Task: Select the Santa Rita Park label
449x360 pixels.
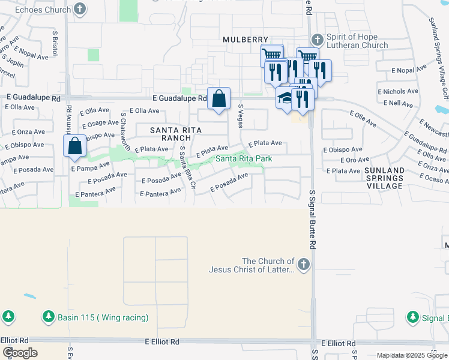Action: (x=244, y=158)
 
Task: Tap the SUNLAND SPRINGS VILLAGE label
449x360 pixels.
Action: (x=384, y=178)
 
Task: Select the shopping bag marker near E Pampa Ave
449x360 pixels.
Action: (x=74, y=146)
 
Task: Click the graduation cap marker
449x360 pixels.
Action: (x=285, y=98)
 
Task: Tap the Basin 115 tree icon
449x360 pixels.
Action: (x=49, y=316)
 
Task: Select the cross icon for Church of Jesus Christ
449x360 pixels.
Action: (x=304, y=263)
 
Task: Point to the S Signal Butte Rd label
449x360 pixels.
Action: (x=312, y=220)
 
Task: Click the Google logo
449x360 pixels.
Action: (x=19, y=353)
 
